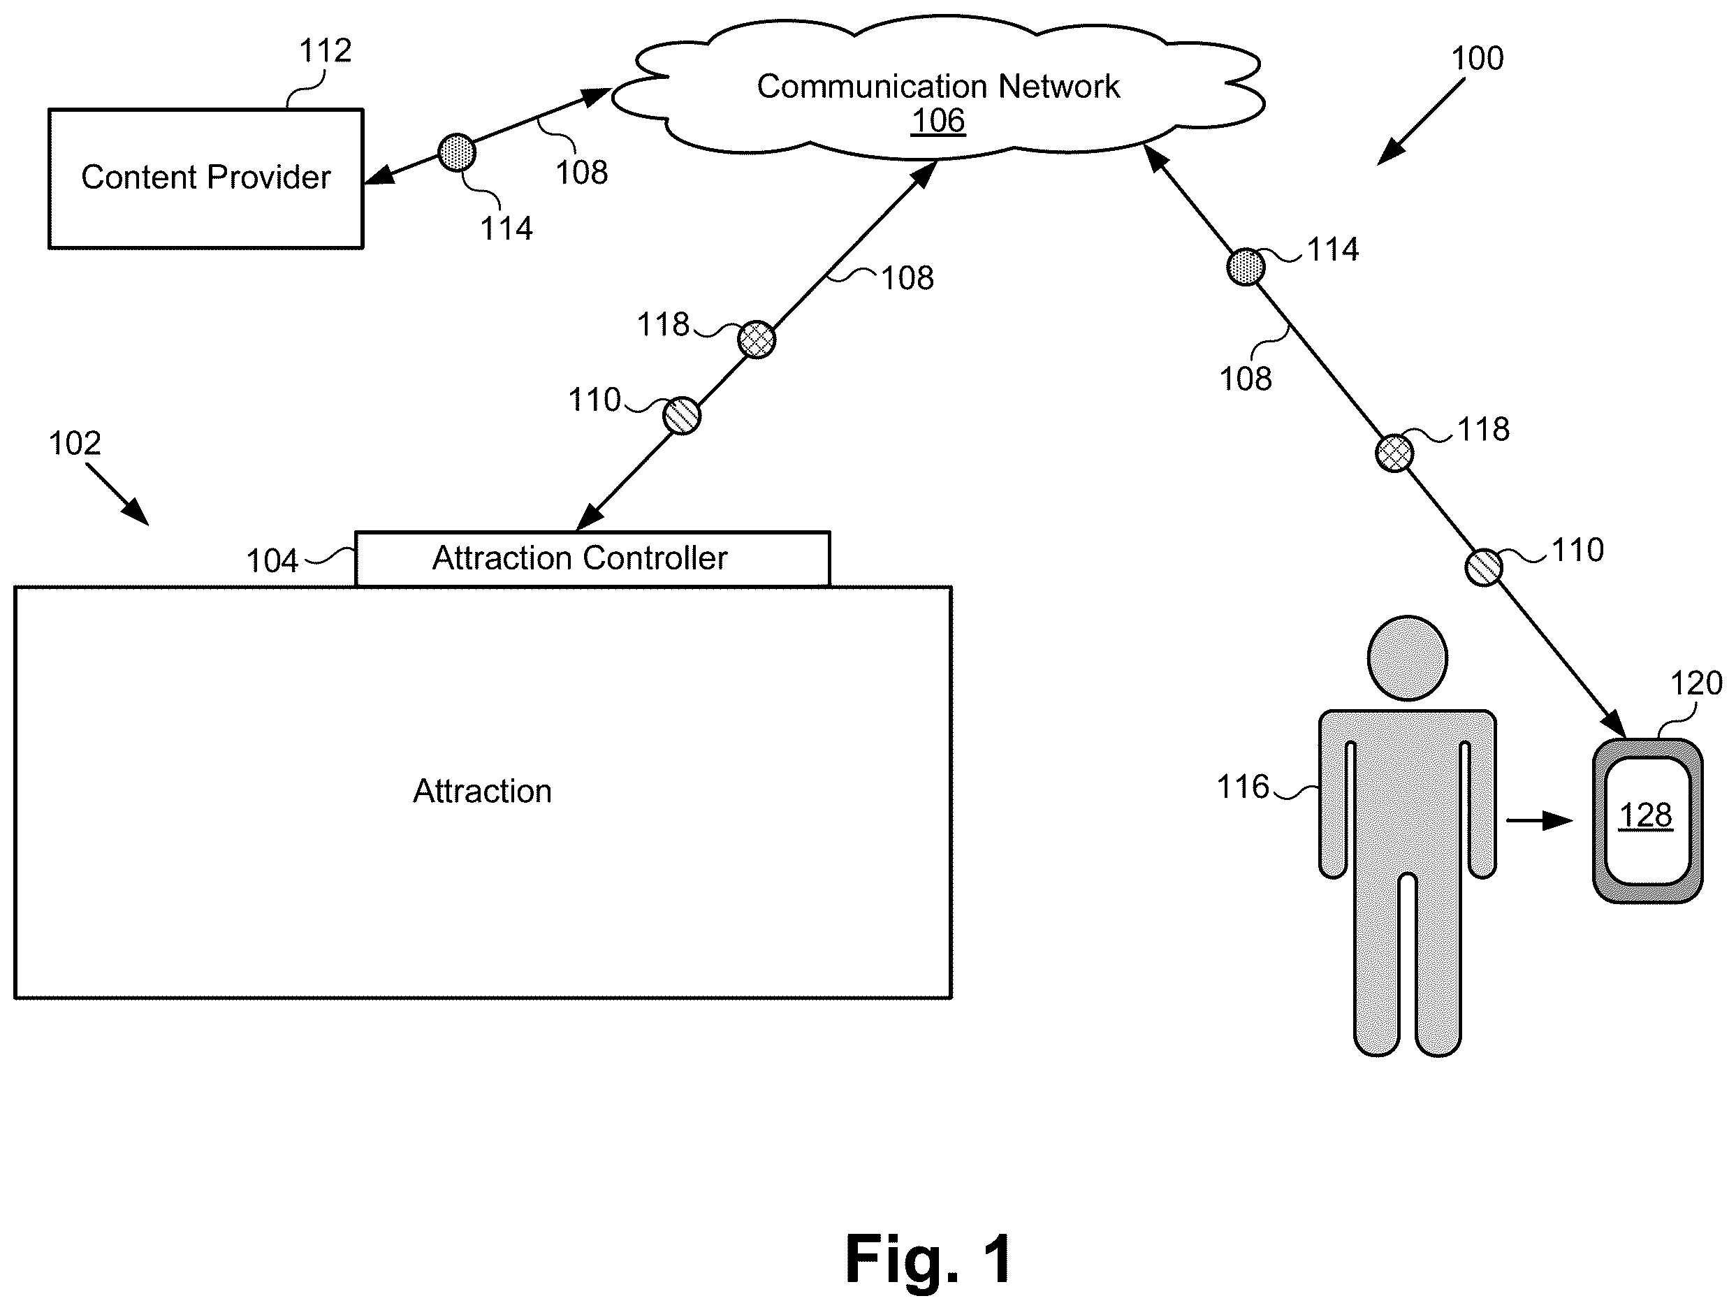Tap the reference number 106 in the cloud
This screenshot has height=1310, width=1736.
tap(938, 121)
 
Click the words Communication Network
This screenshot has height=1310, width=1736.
tap(938, 87)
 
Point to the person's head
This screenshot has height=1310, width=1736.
tap(1407, 657)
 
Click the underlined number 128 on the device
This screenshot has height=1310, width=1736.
tap(1646, 815)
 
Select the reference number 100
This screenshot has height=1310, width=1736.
tap(1477, 59)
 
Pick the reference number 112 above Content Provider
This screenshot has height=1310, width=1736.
tap(325, 51)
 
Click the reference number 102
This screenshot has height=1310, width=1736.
tap(75, 444)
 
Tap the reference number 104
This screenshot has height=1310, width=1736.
tap(272, 561)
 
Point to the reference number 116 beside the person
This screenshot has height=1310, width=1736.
tap(1242, 787)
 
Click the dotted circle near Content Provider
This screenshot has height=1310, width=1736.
tap(457, 152)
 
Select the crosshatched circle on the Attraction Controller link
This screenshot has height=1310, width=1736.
tap(757, 340)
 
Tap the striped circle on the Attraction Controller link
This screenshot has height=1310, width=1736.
tap(681, 415)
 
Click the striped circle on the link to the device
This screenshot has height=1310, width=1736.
tap(1483, 567)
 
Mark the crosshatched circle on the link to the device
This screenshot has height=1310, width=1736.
tap(1394, 453)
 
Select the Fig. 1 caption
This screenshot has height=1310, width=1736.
tap(929, 1260)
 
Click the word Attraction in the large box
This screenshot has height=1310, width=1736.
tap(483, 791)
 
